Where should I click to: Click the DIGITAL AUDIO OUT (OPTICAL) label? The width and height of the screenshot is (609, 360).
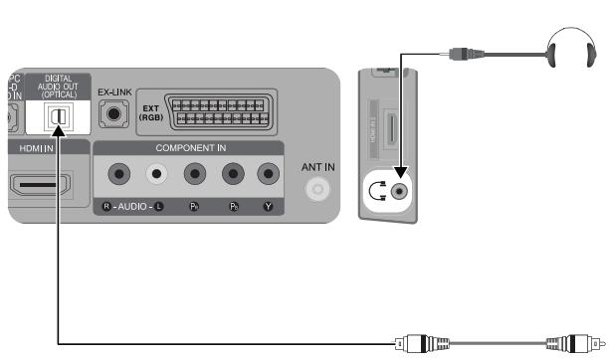click(x=62, y=88)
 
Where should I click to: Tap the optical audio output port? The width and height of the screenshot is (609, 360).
click(x=59, y=116)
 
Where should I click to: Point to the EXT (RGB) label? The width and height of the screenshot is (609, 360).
click(x=152, y=115)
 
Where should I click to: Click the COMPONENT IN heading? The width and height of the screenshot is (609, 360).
click(x=185, y=146)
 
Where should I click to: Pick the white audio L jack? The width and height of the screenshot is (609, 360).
click(x=155, y=174)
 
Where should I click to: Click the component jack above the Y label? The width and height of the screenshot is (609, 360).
click(x=267, y=174)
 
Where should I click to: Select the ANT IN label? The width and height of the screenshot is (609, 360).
click(x=318, y=167)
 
